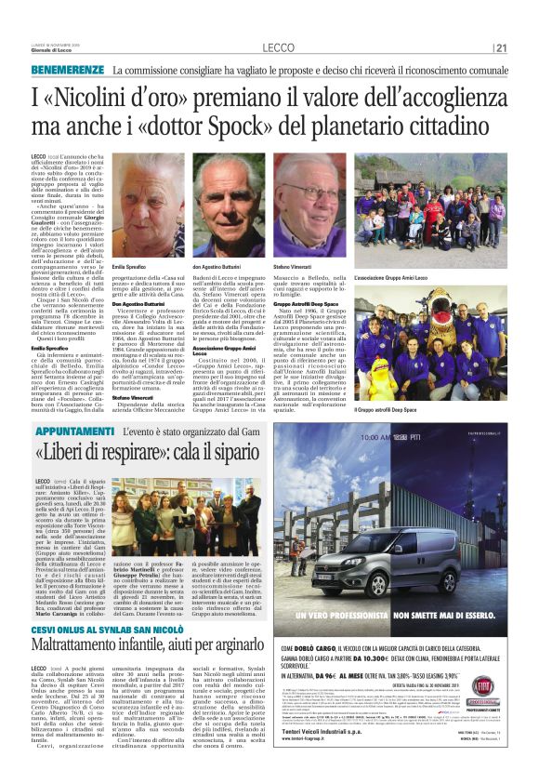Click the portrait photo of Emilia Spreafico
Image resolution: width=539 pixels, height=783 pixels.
click(x=148, y=206)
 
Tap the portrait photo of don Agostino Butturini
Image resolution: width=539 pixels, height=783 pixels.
click(x=229, y=206)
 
